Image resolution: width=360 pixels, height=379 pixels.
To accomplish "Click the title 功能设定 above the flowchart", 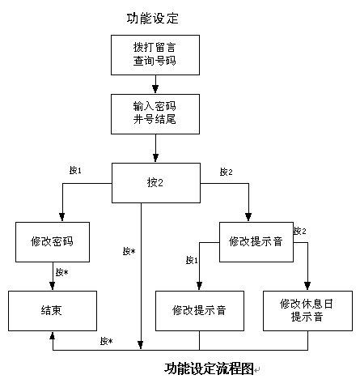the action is click(x=152, y=19).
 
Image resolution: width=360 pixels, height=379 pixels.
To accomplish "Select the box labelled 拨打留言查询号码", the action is click(x=155, y=55).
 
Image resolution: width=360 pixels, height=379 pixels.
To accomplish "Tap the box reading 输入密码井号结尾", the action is click(x=155, y=114).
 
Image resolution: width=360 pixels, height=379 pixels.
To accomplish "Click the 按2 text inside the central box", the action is click(x=155, y=183).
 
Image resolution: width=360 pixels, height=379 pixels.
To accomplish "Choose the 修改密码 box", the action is click(x=53, y=242).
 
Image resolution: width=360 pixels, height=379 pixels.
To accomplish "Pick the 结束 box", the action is click(x=53, y=311).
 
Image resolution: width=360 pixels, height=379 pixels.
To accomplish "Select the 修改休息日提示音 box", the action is click(x=307, y=311).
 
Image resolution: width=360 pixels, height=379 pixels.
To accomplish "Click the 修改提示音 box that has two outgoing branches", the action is click(x=256, y=242).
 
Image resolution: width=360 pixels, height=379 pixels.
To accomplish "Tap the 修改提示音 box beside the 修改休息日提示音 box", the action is click(x=200, y=311).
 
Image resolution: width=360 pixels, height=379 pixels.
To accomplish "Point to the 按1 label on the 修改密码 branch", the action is click(x=75, y=170).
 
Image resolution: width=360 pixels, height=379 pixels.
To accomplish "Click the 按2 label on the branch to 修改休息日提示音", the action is click(x=300, y=231).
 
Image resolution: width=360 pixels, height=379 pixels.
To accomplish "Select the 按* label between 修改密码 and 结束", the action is click(x=62, y=272).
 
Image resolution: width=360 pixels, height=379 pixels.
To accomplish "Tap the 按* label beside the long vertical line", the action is click(x=129, y=251).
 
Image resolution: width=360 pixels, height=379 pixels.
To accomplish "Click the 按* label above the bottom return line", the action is click(x=106, y=341).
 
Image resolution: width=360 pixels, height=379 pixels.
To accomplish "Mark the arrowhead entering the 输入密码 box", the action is click(x=155, y=89).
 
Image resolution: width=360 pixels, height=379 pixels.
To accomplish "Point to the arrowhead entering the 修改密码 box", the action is click(x=62, y=217).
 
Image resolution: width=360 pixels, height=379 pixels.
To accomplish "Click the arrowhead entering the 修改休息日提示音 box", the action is click(x=307, y=286).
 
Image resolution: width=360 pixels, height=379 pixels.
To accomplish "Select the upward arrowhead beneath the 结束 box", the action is click(x=53, y=335).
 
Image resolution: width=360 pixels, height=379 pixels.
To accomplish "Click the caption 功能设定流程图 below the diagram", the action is click(x=209, y=368).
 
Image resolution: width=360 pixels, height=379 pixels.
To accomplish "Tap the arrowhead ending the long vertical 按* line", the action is click(x=141, y=345).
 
